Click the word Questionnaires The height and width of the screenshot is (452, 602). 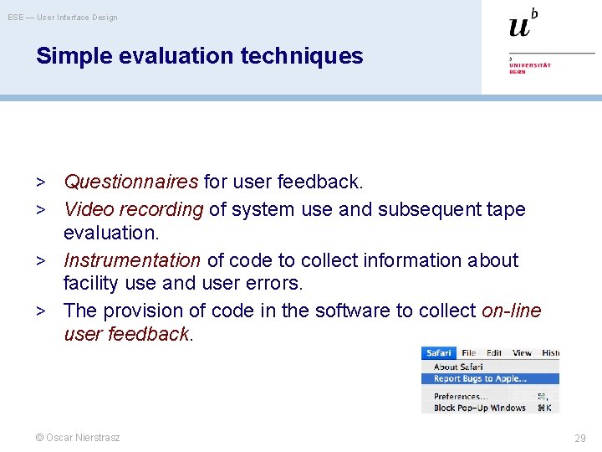131,182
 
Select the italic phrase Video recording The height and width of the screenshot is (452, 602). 134,209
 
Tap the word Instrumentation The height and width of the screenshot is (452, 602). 132,260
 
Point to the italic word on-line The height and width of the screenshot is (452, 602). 512,311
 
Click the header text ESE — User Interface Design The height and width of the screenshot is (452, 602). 63,18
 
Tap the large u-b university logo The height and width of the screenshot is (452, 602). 523,24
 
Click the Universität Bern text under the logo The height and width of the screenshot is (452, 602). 530,67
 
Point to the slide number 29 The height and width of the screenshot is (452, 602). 579,438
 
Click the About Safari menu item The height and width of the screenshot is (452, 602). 458,367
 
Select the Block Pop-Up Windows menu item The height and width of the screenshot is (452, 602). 480,408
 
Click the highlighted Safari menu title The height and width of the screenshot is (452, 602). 438,353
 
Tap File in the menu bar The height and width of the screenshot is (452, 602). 468,353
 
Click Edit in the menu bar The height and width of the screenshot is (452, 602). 494,353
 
